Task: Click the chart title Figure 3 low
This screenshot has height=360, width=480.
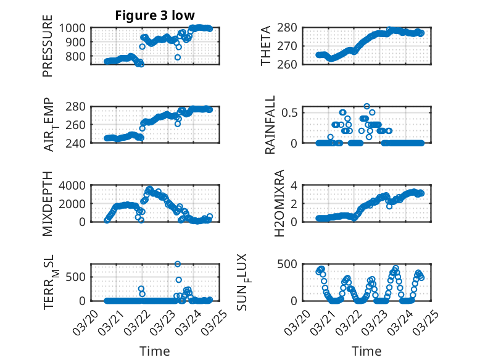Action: click(155, 15)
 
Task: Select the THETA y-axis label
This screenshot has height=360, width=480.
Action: click(266, 46)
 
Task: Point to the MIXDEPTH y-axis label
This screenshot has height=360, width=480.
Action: click(48, 203)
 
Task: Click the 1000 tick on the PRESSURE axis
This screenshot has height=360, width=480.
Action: click(77, 28)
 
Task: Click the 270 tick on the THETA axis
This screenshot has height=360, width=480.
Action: click(291, 46)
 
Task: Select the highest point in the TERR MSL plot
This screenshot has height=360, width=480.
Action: click(178, 264)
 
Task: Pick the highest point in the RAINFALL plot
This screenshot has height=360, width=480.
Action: click(366, 106)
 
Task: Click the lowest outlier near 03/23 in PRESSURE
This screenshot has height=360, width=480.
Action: click(177, 57)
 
